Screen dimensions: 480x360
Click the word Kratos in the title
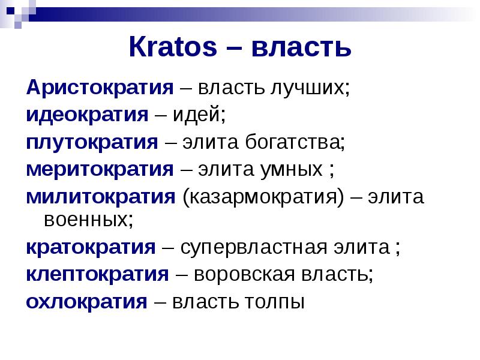pyautogui.click(x=173, y=47)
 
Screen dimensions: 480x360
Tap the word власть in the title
pyautogui.click(x=301, y=48)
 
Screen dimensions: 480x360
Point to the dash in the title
pyautogui.click(x=234, y=49)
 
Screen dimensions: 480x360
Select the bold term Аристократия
pyautogui.click(x=100, y=88)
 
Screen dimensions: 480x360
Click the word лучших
pyautogui.click(x=309, y=88)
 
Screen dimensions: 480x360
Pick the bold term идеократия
pyautogui.click(x=87, y=115)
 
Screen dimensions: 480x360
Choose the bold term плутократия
pyautogui.click(x=92, y=143)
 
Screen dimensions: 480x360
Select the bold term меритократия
pyautogui.click(x=100, y=169)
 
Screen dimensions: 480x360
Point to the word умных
pyautogui.click(x=292, y=170)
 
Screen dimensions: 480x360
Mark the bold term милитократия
pyautogui.click(x=101, y=197)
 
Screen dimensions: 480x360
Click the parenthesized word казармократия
pyautogui.click(x=263, y=197)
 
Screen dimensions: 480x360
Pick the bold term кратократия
pyautogui.click(x=91, y=247)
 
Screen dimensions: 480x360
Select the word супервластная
pyautogui.click(x=254, y=248)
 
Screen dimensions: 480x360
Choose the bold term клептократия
pyautogui.click(x=97, y=274)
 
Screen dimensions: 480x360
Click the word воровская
pyautogui.click(x=244, y=275)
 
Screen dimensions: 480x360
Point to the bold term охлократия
pyautogui.click(x=86, y=302)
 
